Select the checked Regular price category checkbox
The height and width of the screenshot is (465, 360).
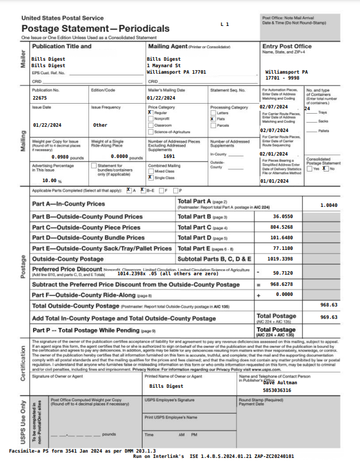pyautogui.click(x=150, y=113)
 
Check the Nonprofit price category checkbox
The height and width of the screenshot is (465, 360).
pyautogui.click(x=150, y=119)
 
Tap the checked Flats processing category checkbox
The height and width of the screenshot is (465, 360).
pyautogui.click(x=213, y=119)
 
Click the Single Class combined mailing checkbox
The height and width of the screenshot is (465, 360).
pyautogui.click(x=150, y=177)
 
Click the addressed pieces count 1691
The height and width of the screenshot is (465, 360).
pyautogui.click(x=169, y=156)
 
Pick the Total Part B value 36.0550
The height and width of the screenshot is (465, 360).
pyautogui.click(x=283, y=216)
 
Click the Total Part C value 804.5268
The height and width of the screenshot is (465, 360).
pyautogui.click(x=281, y=227)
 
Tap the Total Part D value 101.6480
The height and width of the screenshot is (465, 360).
pyautogui.click(x=281, y=238)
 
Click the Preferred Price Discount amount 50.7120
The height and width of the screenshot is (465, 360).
pyautogui.click(x=283, y=273)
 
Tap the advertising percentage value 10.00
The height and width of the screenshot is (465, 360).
pyautogui.click(x=45, y=180)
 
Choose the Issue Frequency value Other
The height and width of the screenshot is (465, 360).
pyautogui.click(x=100, y=125)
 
